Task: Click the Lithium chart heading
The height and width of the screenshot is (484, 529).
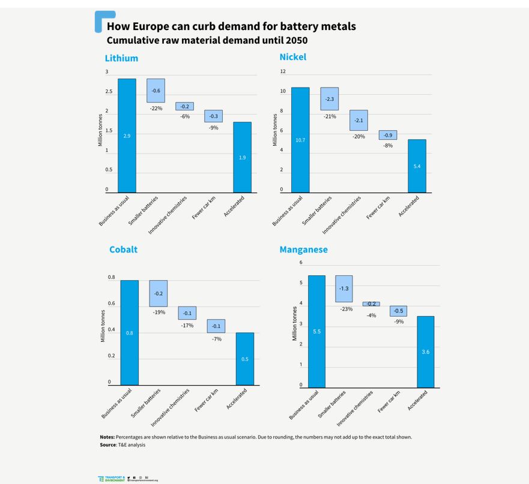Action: pyautogui.click(x=121, y=58)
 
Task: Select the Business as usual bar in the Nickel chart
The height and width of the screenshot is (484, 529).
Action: pyautogui.click(x=300, y=140)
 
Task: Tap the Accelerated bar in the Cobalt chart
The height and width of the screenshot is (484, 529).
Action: pyautogui.click(x=244, y=359)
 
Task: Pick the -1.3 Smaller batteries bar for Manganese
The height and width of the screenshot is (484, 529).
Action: pyautogui.click(x=343, y=288)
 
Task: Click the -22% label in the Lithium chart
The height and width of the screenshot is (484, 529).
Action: pyautogui.click(x=156, y=108)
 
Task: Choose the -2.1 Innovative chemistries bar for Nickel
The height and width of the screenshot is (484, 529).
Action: pyautogui.click(x=358, y=120)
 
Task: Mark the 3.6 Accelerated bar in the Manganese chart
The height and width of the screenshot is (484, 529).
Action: pyautogui.click(x=425, y=351)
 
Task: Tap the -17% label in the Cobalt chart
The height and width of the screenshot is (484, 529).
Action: pyautogui.click(x=187, y=325)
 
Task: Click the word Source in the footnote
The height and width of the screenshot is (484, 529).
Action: pyautogui.click(x=108, y=444)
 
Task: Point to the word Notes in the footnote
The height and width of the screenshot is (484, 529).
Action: pyautogui.click(x=107, y=437)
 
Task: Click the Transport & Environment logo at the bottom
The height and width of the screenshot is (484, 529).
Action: pyautogui.click(x=111, y=479)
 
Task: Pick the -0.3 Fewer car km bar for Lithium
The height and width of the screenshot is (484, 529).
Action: pyautogui.click(x=214, y=116)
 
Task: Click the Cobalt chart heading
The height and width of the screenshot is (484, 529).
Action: pyautogui.click(x=123, y=249)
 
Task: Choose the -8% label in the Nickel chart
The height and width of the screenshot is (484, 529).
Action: pyautogui.click(x=388, y=145)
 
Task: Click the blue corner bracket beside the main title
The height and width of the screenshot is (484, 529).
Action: pyautogui.click(x=101, y=19)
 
